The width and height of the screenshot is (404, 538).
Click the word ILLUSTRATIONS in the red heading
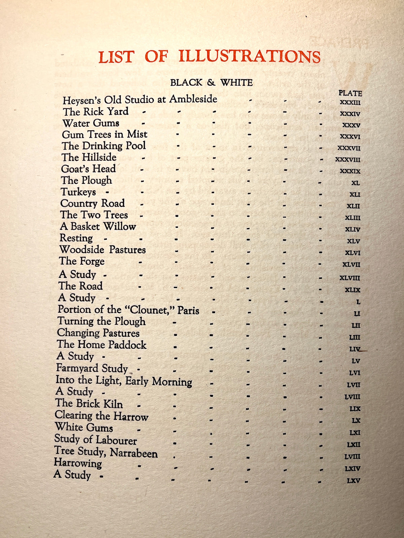point(249,56)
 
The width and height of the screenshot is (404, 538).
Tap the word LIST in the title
point(116,57)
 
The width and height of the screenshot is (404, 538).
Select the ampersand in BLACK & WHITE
point(211,83)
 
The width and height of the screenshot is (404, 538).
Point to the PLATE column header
point(350,93)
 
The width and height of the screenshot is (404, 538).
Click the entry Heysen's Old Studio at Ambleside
point(140,100)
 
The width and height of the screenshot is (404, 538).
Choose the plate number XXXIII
point(350,103)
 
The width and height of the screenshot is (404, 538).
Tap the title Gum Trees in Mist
point(105,134)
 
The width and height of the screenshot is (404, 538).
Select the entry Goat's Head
point(89,169)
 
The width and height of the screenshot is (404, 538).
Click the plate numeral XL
point(355,183)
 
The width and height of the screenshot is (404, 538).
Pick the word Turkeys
point(78,192)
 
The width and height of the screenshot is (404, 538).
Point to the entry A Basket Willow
point(98,227)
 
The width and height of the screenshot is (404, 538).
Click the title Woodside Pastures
point(103,250)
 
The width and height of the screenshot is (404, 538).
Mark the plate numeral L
point(358,302)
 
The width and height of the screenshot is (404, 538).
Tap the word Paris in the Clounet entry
point(188,310)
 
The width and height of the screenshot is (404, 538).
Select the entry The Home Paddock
point(102,345)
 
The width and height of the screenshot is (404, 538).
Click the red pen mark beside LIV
point(363,350)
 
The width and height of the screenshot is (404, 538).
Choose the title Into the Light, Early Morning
point(124,381)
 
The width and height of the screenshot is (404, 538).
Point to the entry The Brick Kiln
point(89,403)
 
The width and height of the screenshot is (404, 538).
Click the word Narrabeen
point(134,453)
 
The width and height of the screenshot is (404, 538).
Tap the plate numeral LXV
point(353,481)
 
